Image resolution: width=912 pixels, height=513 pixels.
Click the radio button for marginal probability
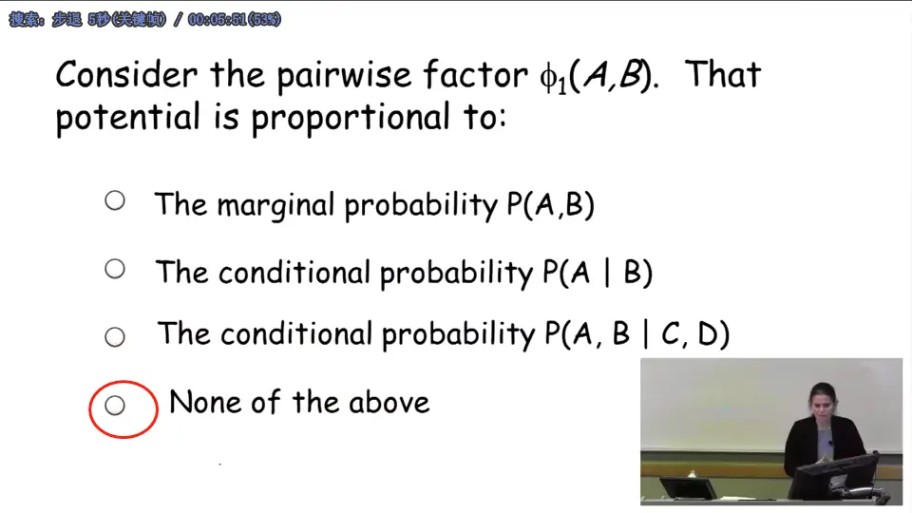115,200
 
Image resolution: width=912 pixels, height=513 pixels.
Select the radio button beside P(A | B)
115,269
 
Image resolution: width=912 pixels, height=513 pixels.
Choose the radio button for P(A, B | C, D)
115,336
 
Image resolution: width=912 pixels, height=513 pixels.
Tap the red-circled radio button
115,406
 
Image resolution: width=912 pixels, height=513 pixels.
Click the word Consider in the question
126,75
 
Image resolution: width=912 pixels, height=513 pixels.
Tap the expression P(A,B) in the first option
550,204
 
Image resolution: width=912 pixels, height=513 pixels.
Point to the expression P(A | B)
597,273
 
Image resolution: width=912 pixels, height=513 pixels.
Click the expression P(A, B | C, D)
636,333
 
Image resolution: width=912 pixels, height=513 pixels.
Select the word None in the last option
205,402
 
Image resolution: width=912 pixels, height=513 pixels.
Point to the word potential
128,118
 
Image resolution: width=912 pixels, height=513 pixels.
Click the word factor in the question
475,75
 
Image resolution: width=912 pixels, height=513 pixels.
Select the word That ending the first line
722,75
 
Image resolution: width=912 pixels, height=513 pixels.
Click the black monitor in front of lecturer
836,475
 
